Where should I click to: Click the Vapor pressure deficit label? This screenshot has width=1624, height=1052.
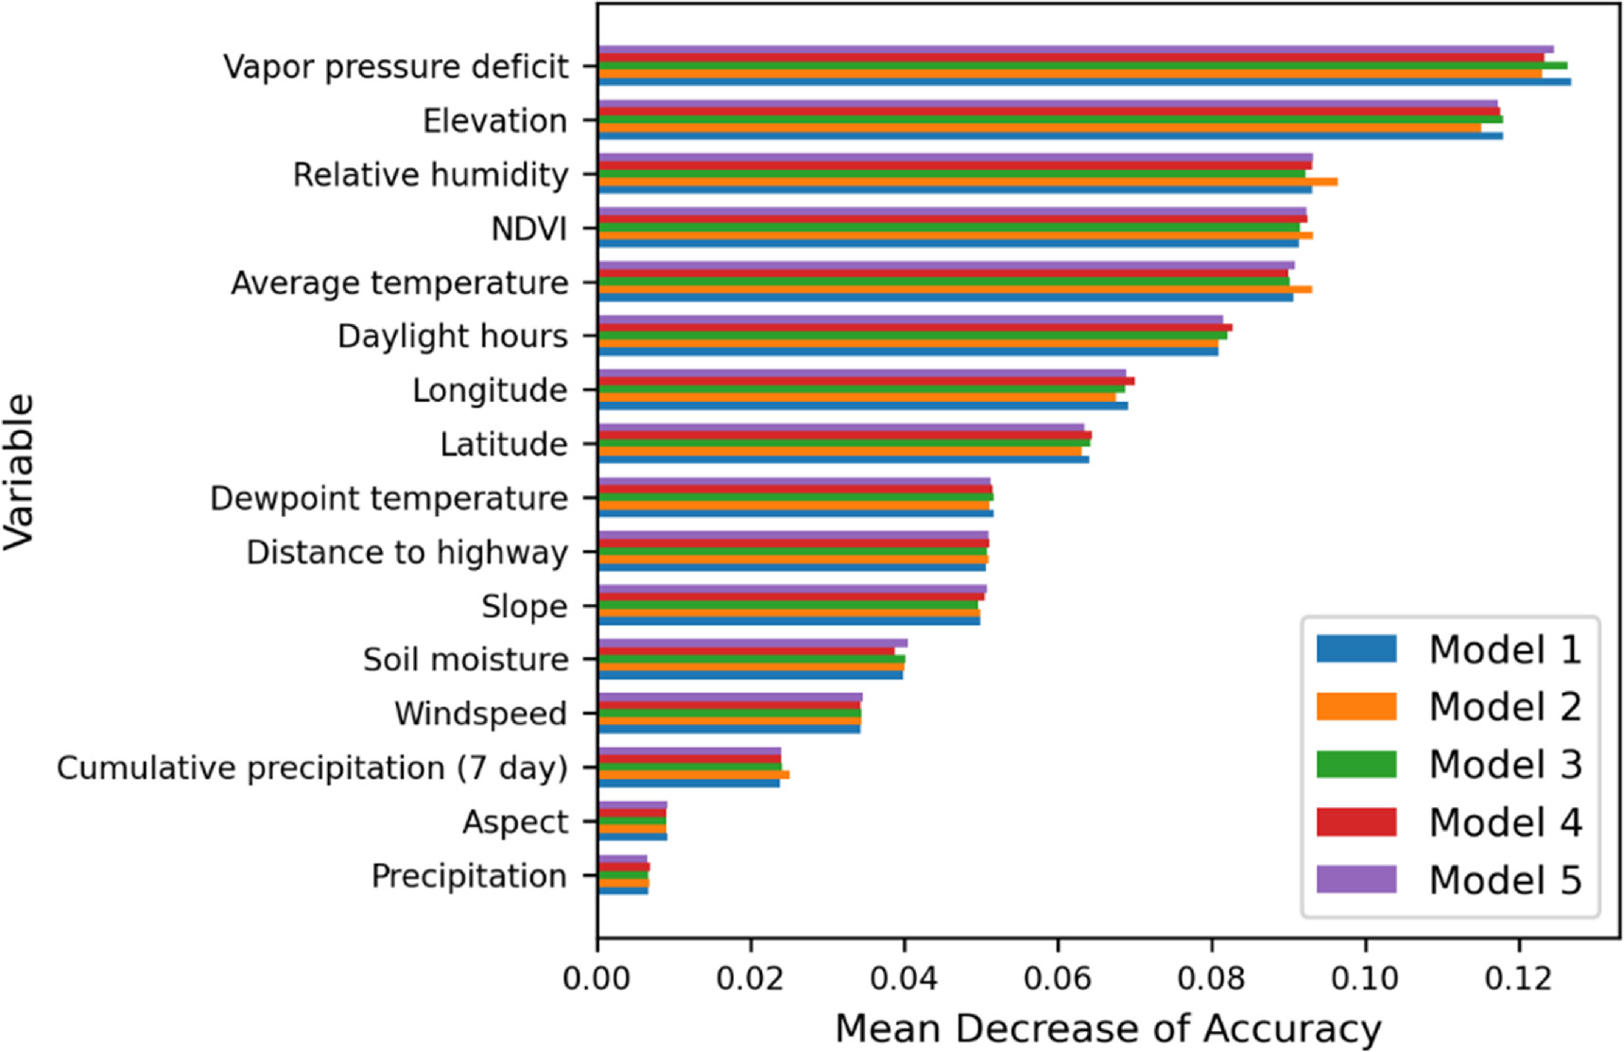point(395,67)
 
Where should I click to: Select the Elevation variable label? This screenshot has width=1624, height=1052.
point(494,121)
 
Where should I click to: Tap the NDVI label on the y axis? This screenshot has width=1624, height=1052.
point(528,229)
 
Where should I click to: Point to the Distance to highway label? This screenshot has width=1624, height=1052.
point(406,552)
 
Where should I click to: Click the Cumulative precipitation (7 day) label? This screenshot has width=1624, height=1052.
point(312,767)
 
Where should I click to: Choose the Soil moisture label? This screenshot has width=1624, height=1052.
point(465,660)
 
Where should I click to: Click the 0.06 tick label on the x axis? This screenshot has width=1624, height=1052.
point(1058,978)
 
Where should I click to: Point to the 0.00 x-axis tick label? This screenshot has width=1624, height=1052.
point(597,978)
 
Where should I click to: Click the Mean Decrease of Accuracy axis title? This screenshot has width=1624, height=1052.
point(1108,1028)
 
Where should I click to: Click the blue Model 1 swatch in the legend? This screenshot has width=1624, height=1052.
point(1356,648)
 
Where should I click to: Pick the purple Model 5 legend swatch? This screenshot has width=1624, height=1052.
point(1356,879)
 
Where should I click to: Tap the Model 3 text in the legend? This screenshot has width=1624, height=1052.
point(1505,764)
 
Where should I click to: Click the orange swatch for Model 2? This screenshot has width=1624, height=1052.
point(1356,706)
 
